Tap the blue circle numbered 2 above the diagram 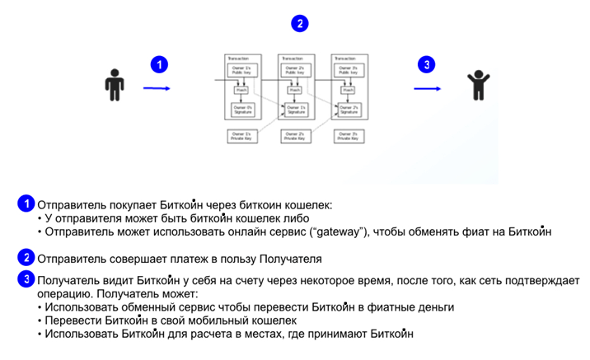click(x=301, y=23)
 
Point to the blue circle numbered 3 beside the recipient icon click(x=425, y=64)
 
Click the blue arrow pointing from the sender click(x=157, y=87)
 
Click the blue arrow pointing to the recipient click(x=427, y=87)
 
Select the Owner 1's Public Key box click(x=241, y=71)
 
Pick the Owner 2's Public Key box click(x=294, y=71)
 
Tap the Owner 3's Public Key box click(x=347, y=71)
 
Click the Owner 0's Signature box click(x=241, y=110)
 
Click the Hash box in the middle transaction click(x=294, y=90)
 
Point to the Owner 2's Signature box click(x=347, y=110)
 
